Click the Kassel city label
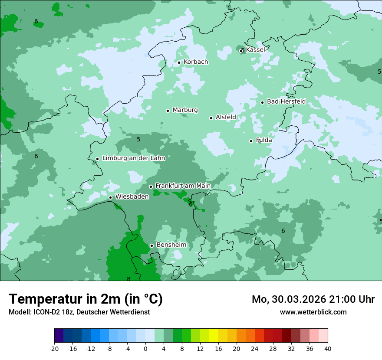[x=255, y=50]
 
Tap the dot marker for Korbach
[x=179, y=62]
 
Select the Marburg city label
[x=185, y=110]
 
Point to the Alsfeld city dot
[x=211, y=118]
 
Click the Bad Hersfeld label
[x=286, y=101]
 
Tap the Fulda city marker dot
[x=251, y=141]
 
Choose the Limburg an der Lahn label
[x=133, y=158]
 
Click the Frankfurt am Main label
[x=183, y=186]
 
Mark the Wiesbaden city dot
[x=110, y=197]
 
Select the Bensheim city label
[x=171, y=245]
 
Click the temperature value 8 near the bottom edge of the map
[x=128, y=279]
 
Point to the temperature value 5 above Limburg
[x=138, y=139]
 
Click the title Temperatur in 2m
[x=86, y=299]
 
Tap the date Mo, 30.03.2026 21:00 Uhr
[x=313, y=299]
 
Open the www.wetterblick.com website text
[x=313, y=312]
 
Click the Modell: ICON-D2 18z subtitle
[x=79, y=312]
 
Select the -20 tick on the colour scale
[x=54, y=348]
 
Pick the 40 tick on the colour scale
[x=327, y=348]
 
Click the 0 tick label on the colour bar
[x=145, y=348]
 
